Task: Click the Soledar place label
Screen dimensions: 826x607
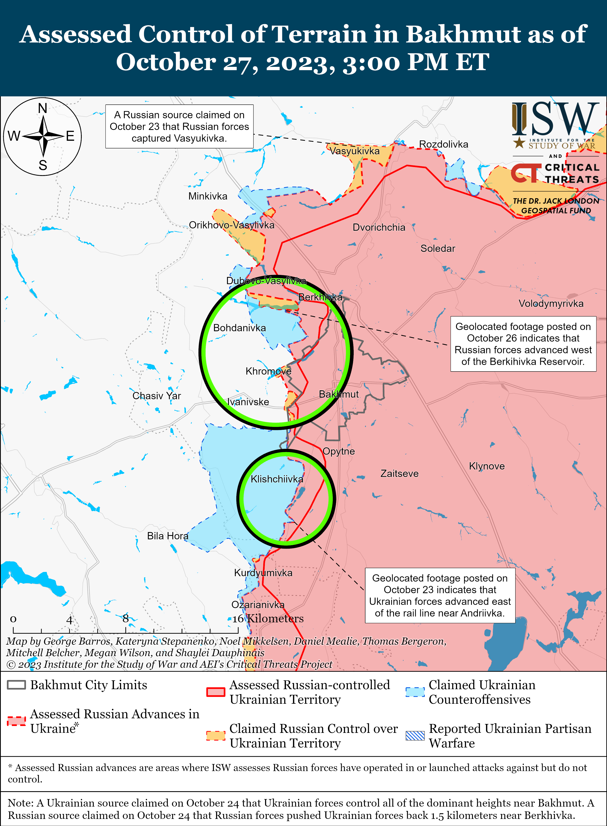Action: [x=438, y=248]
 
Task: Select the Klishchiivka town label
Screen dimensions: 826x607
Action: [x=277, y=479]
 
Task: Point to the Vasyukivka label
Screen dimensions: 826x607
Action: [x=354, y=151]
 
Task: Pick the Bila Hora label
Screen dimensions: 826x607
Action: [x=168, y=536]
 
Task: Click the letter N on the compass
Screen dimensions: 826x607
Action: [x=43, y=108]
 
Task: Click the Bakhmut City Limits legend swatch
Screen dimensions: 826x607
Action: [x=17, y=684]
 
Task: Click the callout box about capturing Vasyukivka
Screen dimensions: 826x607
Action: [x=179, y=127]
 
